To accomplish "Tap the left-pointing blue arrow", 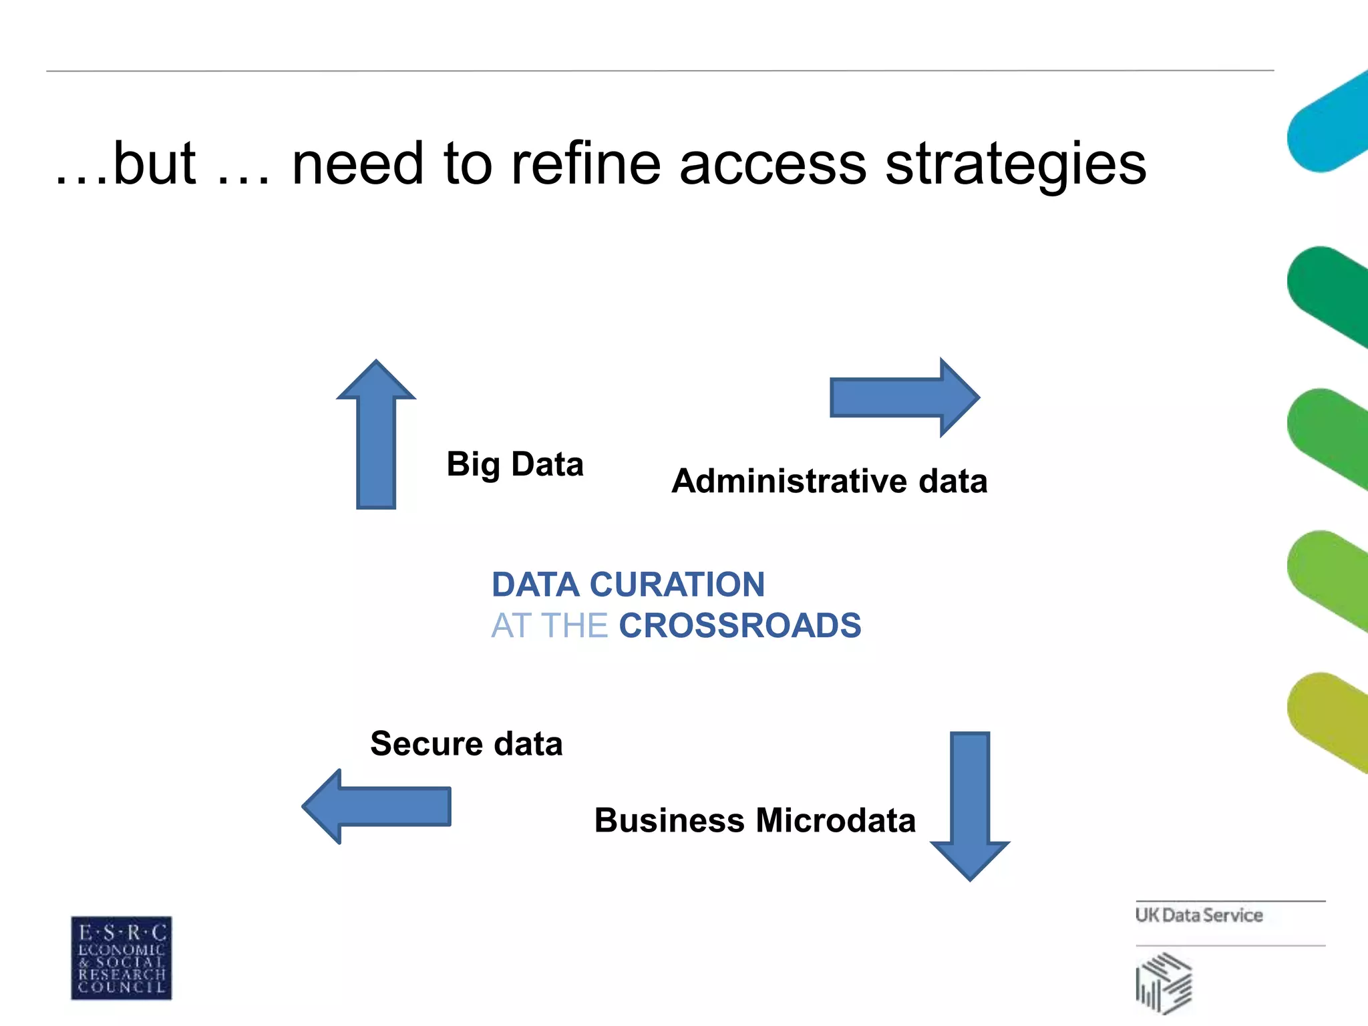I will (377, 806).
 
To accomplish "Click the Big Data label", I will (515, 464).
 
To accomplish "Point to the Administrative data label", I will (829, 481).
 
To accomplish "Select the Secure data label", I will (466, 743).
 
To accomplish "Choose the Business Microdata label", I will (755, 820).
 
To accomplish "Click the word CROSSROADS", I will (740, 626).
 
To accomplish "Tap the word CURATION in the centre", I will (677, 584).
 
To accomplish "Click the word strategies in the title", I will (1015, 165).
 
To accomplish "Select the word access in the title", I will (773, 165).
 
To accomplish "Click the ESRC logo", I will (122, 958).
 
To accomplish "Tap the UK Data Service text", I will (1199, 915).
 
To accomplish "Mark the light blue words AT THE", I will (549, 626).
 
